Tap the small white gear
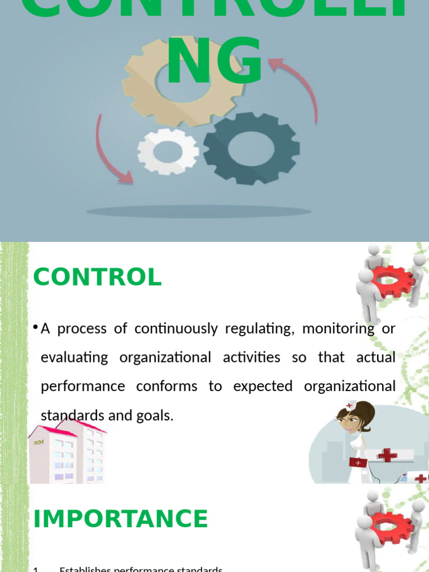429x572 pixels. tap(168, 151)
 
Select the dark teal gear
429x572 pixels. tap(251, 148)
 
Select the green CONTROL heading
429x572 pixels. tap(97, 277)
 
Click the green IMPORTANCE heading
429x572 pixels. tap(120, 518)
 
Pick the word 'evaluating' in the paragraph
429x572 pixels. tap(74, 357)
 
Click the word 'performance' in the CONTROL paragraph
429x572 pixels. tap(83, 387)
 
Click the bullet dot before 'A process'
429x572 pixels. tap(35, 327)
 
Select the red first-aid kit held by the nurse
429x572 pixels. tap(357, 463)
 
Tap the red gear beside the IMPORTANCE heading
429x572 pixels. tap(392, 528)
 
